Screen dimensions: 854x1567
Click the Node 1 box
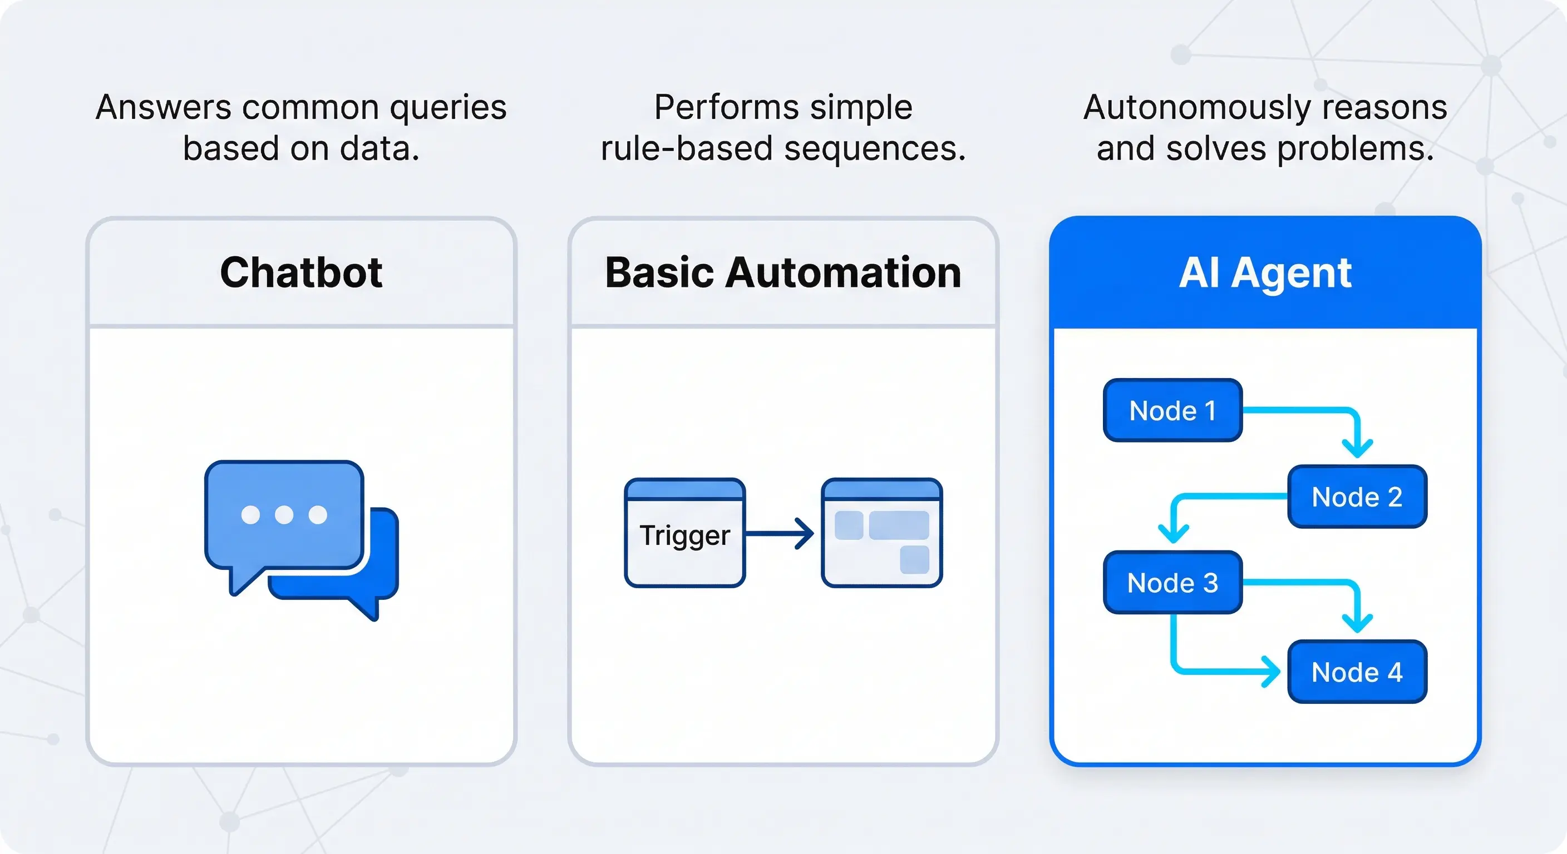pyautogui.click(x=1172, y=410)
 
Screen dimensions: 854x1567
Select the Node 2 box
pyautogui.click(x=1357, y=496)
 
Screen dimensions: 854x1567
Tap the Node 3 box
pyautogui.click(x=1172, y=582)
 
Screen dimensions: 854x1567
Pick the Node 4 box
pyautogui.click(x=1357, y=672)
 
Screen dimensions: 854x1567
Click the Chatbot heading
pyautogui.click(x=301, y=272)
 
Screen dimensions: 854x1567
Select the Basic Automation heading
pyautogui.click(x=783, y=272)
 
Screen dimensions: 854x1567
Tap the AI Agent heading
pyautogui.click(x=1265, y=272)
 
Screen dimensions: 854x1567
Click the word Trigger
pyautogui.click(x=684, y=535)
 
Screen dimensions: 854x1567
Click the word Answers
pyautogui.click(x=164, y=108)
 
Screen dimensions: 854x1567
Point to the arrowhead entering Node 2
pyautogui.click(x=1357, y=449)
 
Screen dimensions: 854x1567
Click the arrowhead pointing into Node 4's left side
pyautogui.click(x=1271, y=672)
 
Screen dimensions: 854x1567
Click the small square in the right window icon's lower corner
pyautogui.click(x=914, y=559)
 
